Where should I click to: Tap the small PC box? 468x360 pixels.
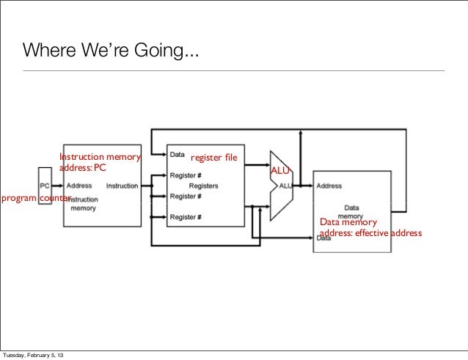(45, 185)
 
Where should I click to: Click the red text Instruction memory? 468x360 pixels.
(99, 157)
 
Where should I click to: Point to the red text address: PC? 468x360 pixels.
(83, 167)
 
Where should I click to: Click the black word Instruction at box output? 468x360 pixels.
(122, 185)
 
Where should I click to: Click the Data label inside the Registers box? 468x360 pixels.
(177, 155)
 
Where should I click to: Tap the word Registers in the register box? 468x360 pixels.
(204, 186)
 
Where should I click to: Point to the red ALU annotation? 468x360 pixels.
(280, 171)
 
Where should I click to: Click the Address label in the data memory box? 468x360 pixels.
(329, 186)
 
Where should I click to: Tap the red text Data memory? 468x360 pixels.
(349, 223)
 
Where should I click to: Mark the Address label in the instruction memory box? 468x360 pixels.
(78, 185)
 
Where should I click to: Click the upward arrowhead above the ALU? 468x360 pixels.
(301, 134)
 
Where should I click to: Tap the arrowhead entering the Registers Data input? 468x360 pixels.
(163, 155)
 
